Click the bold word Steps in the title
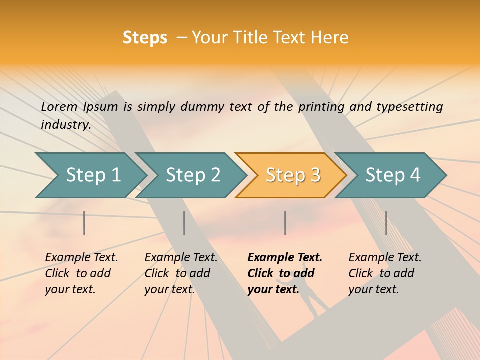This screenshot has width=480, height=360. pyautogui.click(x=145, y=38)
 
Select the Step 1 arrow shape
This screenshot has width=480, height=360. pyautogui.click(x=93, y=175)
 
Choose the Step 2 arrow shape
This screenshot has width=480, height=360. pyautogui.click(x=193, y=175)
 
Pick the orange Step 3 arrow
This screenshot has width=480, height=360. pyautogui.click(x=293, y=175)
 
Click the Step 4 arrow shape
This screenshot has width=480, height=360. pyautogui.click(x=393, y=175)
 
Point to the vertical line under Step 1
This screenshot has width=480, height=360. pyautogui.click(x=84, y=223)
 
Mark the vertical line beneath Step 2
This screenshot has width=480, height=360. pyautogui.click(x=184, y=223)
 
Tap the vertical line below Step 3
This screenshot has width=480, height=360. pyautogui.click(x=285, y=223)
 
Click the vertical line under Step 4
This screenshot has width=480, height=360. pyautogui.click(x=386, y=223)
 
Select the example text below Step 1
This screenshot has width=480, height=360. pyautogui.click(x=81, y=273)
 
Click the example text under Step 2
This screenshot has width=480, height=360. pyautogui.click(x=181, y=273)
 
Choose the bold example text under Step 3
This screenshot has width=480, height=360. pyautogui.click(x=285, y=273)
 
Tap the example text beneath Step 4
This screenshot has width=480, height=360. pyautogui.click(x=385, y=273)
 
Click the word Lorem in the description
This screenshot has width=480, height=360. pyautogui.click(x=59, y=107)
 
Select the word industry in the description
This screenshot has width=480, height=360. pyautogui.click(x=65, y=125)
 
